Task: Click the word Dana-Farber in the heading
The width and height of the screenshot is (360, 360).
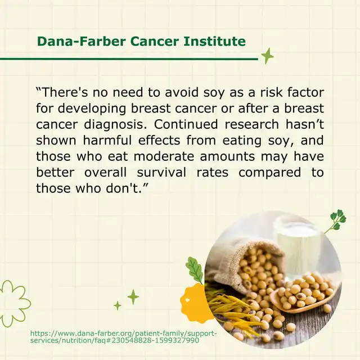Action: pyautogui.click(x=81, y=41)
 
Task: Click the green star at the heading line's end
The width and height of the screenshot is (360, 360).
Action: pyautogui.click(x=267, y=56)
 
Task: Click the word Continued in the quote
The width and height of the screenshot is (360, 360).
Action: pyautogui.click(x=186, y=124)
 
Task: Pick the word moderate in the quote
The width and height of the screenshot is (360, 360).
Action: pyautogui.click(x=164, y=156)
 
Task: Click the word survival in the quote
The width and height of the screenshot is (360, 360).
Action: pyautogui.click(x=161, y=172)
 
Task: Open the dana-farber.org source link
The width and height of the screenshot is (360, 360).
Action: pyautogui.click(x=123, y=336)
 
